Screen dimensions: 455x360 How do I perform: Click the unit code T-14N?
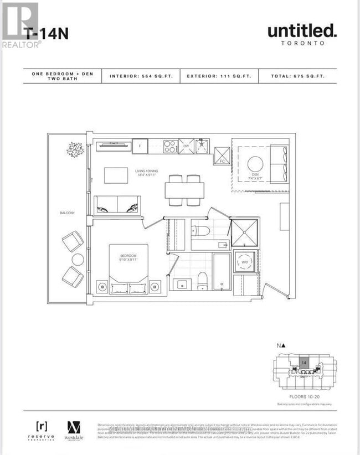point(47,33)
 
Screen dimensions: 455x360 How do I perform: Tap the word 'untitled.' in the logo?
point(302,31)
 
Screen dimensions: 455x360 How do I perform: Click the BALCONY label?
point(68,213)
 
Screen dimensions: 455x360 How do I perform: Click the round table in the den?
point(255,164)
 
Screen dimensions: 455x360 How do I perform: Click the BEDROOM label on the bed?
point(128,257)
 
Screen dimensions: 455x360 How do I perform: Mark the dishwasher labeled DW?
point(187,146)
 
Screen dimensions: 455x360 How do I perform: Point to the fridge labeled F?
point(140,146)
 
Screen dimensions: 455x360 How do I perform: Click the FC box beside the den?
point(222,156)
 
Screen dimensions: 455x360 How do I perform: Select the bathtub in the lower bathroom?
point(222,272)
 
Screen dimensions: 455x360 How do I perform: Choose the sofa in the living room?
point(117,205)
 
